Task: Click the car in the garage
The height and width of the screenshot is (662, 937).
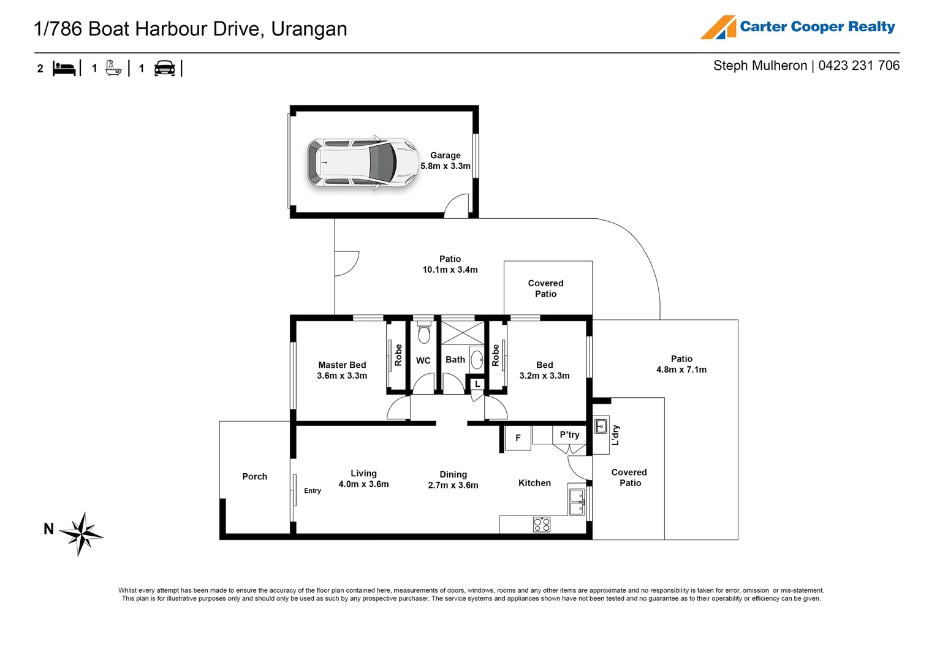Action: (x=362, y=163)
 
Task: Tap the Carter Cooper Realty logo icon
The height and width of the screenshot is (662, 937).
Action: (x=718, y=28)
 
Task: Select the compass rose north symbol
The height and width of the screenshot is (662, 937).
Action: (x=83, y=533)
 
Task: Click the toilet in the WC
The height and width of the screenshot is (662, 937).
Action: (x=423, y=333)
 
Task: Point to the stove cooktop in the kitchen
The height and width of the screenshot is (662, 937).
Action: (x=541, y=524)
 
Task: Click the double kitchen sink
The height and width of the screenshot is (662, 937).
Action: (x=577, y=501)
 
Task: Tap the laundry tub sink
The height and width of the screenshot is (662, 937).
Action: (x=601, y=426)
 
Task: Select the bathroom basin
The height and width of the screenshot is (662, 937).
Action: (x=477, y=360)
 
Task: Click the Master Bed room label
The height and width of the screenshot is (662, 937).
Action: (x=342, y=365)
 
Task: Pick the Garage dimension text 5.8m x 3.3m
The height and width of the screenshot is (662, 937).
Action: (x=446, y=166)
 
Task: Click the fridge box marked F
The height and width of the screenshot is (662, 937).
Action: (x=518, y=438)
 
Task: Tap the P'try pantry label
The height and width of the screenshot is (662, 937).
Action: (x=569, y=435)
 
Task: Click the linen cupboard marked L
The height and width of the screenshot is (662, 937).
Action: (x=477, y=384)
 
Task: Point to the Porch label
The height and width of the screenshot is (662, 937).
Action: (x=254, y=476)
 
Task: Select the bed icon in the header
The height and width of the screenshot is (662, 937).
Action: (x=64, y=68)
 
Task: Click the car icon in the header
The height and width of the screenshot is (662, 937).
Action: (x=164, y=68)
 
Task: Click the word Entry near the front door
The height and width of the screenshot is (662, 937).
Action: (x=313, y=490)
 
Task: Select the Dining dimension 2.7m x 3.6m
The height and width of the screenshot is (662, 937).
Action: (x=453, y=485)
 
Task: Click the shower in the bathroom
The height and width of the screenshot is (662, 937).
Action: (x=463, y=333)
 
